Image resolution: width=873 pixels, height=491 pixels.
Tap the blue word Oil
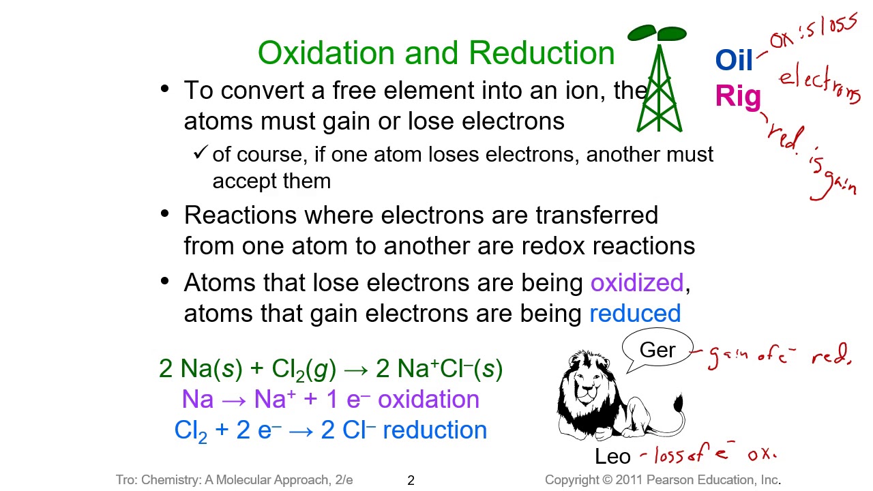click(x=734, y=61)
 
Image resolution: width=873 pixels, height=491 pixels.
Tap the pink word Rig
click(x=738, y=97)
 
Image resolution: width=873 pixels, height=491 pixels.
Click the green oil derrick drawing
click(x=659, y=85)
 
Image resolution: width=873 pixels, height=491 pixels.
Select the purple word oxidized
click(x=636, y=283)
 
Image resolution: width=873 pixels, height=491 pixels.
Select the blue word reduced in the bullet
click(x=634, y=314)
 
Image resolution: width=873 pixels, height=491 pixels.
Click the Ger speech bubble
click(x=657, y=351)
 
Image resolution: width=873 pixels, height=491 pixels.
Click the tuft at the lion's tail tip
click(x=678, y=403)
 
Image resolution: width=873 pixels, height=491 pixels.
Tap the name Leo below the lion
click(x=612, y=456)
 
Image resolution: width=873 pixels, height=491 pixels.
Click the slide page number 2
click(x=411, y=481)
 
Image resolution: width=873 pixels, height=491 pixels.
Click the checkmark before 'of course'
click(x=200, y=153)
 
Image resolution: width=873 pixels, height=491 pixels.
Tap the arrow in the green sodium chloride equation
click(x=355, y=370)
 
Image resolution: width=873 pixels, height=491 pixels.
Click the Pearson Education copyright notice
click(x=662, y=480)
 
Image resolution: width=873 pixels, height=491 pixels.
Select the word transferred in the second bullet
click(x=596, y=215)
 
